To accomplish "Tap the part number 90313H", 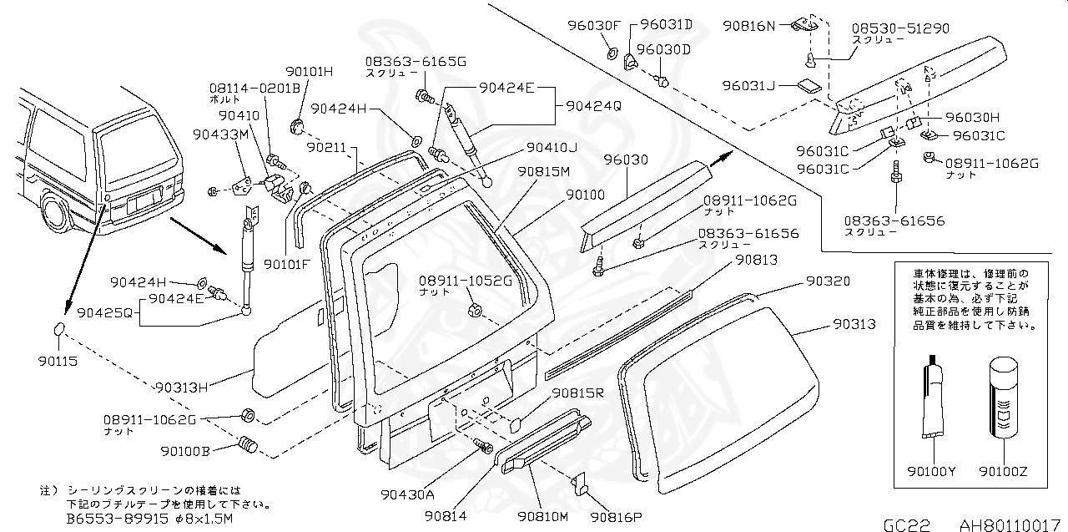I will coord(181,387).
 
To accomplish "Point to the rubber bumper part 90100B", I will coord(246,445).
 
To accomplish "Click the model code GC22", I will coord(906,524).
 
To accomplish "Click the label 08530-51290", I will coord(900,28).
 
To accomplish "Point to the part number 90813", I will coord(755,260).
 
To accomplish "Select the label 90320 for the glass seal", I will coord(828,281).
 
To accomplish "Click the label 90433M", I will coord(220,134).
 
